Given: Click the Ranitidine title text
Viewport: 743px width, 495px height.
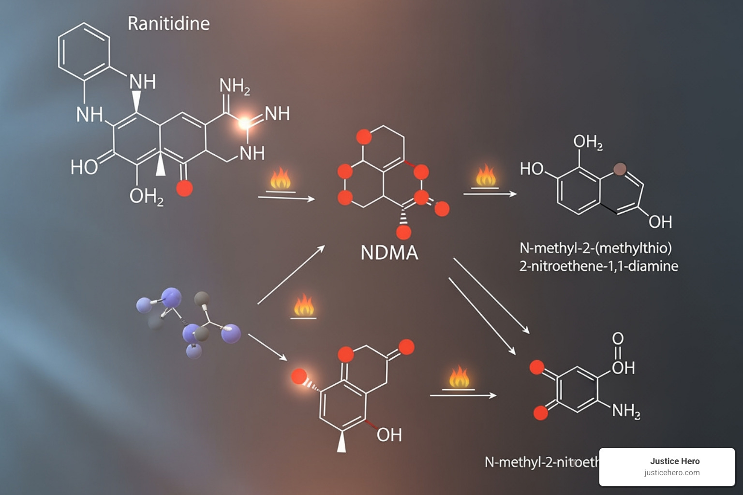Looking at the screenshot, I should [168, 23].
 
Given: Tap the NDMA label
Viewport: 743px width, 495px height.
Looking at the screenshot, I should [389, 253].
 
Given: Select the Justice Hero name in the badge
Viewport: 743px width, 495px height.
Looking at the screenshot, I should [674, 461].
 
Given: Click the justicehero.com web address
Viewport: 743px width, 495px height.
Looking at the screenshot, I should [671, 473].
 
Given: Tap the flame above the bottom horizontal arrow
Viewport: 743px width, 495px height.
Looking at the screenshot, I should [459, 378].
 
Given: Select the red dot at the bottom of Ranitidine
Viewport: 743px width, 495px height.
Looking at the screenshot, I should [184, 188].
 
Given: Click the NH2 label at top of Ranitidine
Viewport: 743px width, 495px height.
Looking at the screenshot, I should [235, 86].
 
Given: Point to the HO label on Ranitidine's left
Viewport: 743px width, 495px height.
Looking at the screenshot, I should [84, 167].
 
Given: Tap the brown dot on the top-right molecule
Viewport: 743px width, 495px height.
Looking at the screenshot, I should [620, 169].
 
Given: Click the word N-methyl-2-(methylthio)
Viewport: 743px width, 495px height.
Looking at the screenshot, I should [595, 248].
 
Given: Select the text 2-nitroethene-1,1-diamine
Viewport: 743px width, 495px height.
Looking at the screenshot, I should [598, 266].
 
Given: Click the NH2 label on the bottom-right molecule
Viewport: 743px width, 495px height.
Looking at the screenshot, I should [626, 411].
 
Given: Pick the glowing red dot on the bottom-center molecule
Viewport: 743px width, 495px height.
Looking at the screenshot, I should [299, 376].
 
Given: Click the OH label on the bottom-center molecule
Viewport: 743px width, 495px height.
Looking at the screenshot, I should [389, 435].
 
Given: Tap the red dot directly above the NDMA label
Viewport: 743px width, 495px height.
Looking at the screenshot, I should [403, 233].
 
